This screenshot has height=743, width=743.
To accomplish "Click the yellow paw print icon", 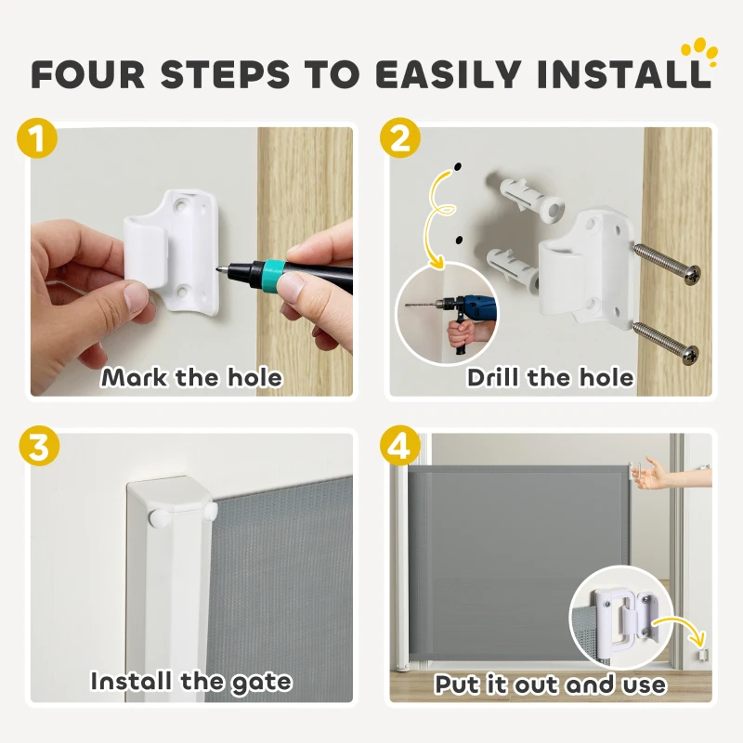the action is tap(699, 53).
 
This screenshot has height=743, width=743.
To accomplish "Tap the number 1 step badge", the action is tap(37, 138).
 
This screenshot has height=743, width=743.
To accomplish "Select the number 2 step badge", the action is tap(400, 138).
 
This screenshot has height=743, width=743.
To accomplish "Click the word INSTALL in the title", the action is tap(624, 74).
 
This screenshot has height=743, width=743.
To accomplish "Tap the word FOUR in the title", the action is tap(88, 74).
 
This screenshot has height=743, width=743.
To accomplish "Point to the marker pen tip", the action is tap(219, 268).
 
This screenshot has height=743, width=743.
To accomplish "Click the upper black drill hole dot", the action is tap(458, 167).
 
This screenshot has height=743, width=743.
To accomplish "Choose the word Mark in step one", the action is tap(134, 378).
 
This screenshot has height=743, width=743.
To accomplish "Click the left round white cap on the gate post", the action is tap(155, 516).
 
